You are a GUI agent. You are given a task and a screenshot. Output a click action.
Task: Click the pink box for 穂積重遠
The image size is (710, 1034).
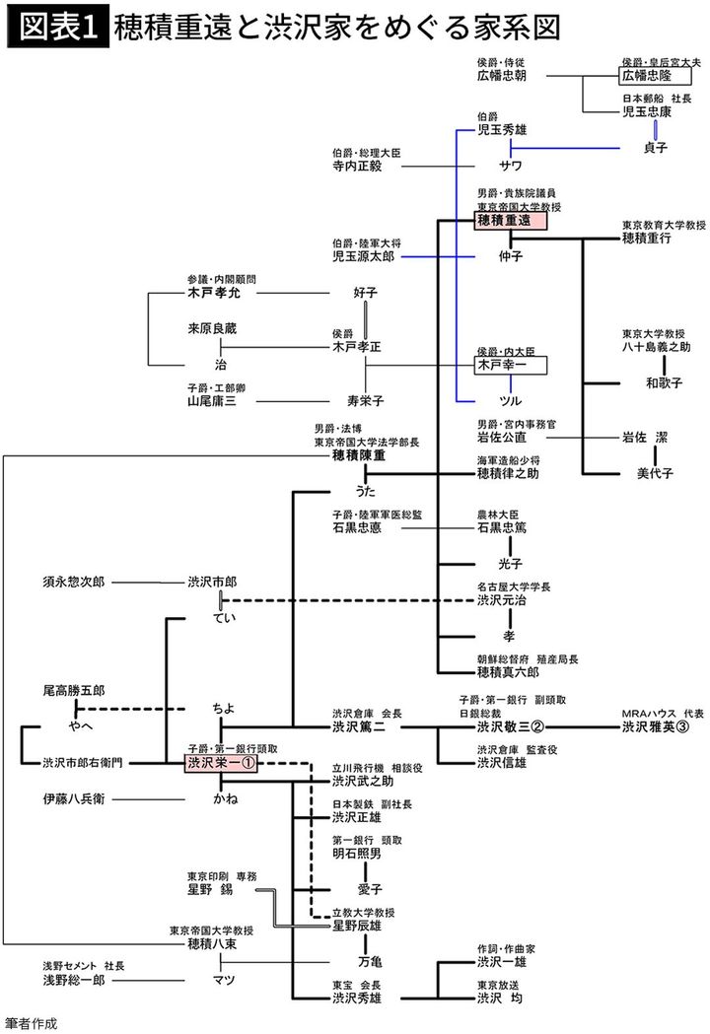(511, 222)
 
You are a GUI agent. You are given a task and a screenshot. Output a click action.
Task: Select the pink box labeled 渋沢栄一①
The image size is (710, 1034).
(221, 763)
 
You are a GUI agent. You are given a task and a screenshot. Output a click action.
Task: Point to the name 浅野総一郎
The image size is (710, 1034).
(76, 981)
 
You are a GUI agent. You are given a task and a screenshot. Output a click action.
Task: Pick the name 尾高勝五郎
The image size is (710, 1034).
(74, 691)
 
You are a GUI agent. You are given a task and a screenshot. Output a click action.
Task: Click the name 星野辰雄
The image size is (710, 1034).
(356, 926)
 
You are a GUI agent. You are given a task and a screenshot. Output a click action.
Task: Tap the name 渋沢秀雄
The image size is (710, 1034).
(356, 998)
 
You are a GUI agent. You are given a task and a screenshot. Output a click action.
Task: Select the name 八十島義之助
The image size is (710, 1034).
(656, 347)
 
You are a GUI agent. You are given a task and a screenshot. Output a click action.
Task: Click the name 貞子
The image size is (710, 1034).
(655, 148)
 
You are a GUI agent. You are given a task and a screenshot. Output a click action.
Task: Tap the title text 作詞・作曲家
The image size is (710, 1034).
(507, 949)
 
